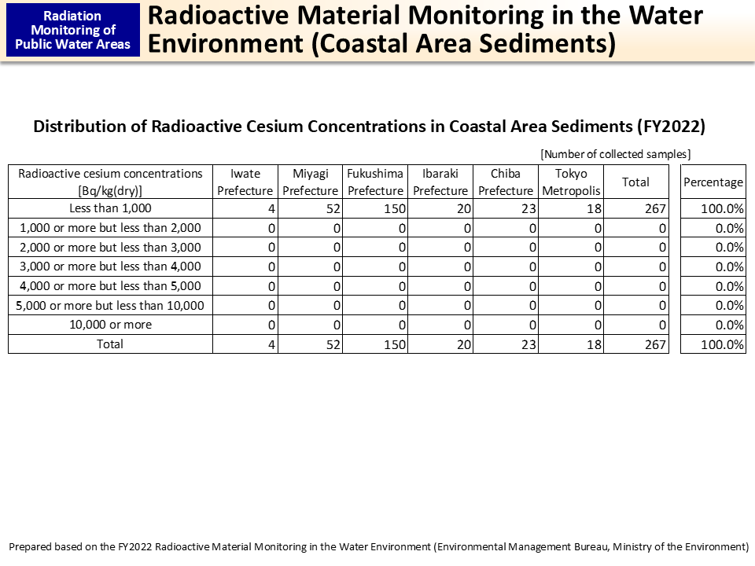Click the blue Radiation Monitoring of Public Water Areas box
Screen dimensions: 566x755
tap(73, 30)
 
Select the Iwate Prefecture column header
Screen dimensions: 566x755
tap(245, 182)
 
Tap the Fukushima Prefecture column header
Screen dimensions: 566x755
tap(375, 182)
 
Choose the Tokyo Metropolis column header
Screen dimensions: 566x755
tap(571, 182)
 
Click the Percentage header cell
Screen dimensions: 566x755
tap(713, 182)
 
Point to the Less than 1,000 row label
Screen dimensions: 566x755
tap(110, 208)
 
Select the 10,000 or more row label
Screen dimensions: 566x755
tap(110, 325)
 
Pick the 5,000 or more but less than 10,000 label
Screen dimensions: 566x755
tap(110, 305)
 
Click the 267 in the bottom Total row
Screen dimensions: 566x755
tap(655, 344)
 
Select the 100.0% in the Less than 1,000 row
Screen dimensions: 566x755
tap(723, 209)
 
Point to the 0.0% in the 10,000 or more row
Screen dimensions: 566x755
tap(729, 325)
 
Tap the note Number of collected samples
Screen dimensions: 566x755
tap(615, 154)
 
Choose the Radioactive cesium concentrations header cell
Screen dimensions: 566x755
tap(110, 182)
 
